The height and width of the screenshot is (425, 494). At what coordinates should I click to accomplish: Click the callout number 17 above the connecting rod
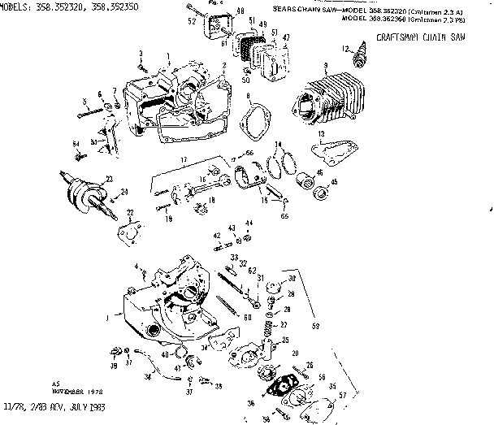184,158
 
